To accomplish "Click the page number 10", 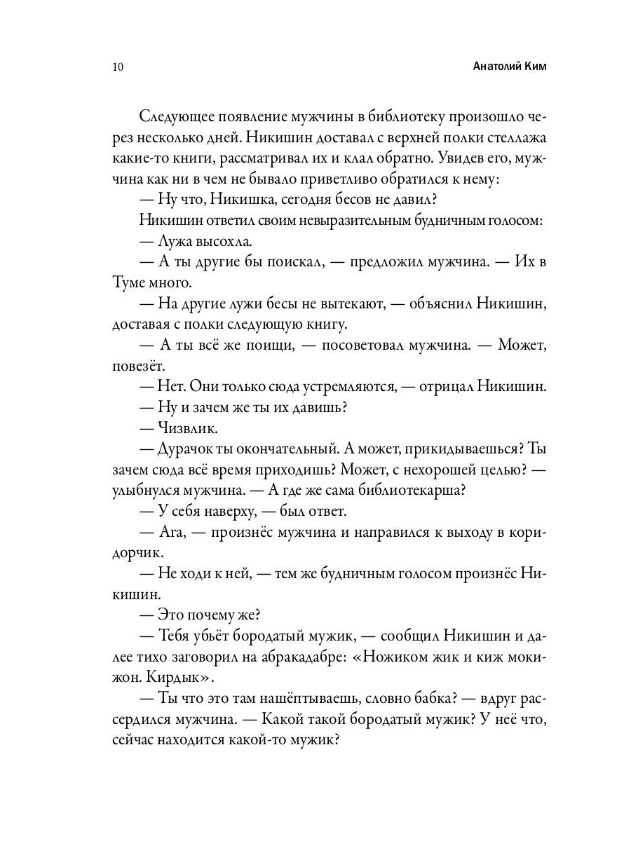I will [117, 67].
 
